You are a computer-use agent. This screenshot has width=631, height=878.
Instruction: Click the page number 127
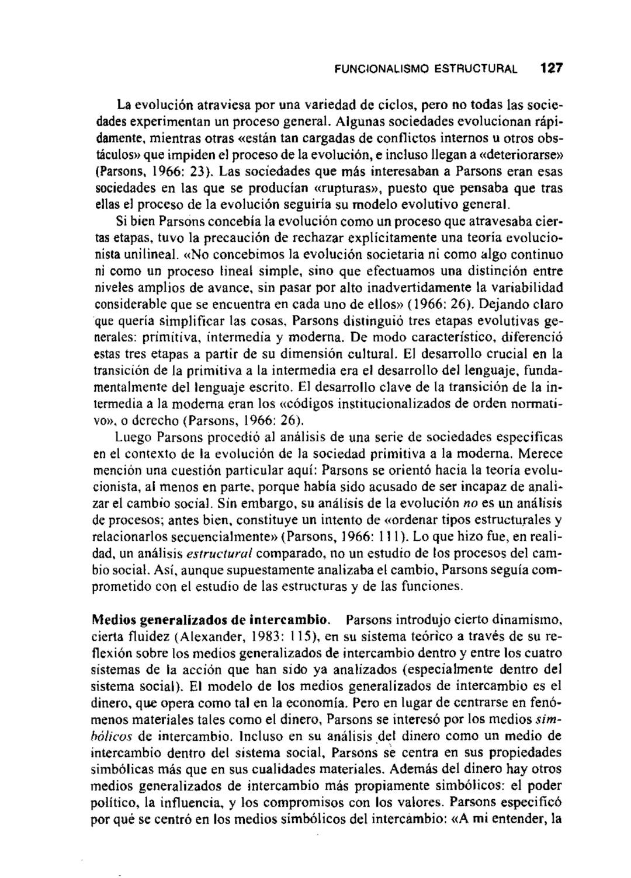(x=551, y=68)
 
